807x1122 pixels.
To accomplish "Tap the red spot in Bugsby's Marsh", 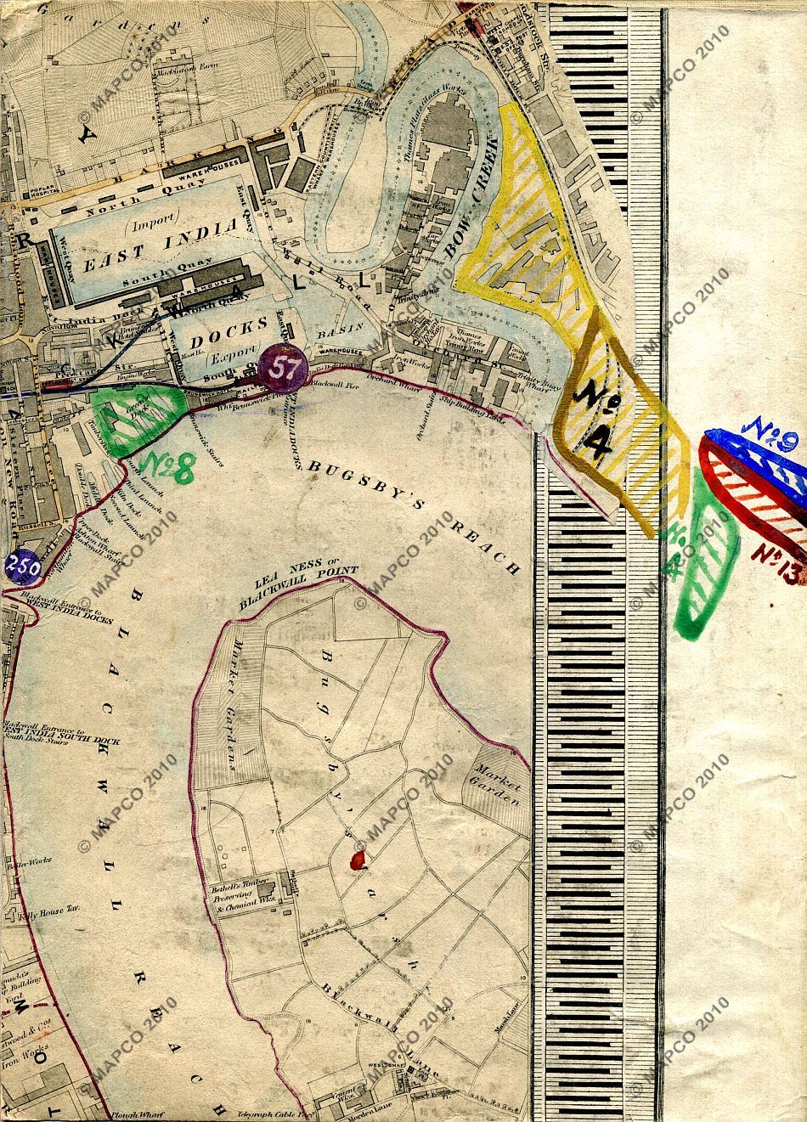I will coord(358,860).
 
